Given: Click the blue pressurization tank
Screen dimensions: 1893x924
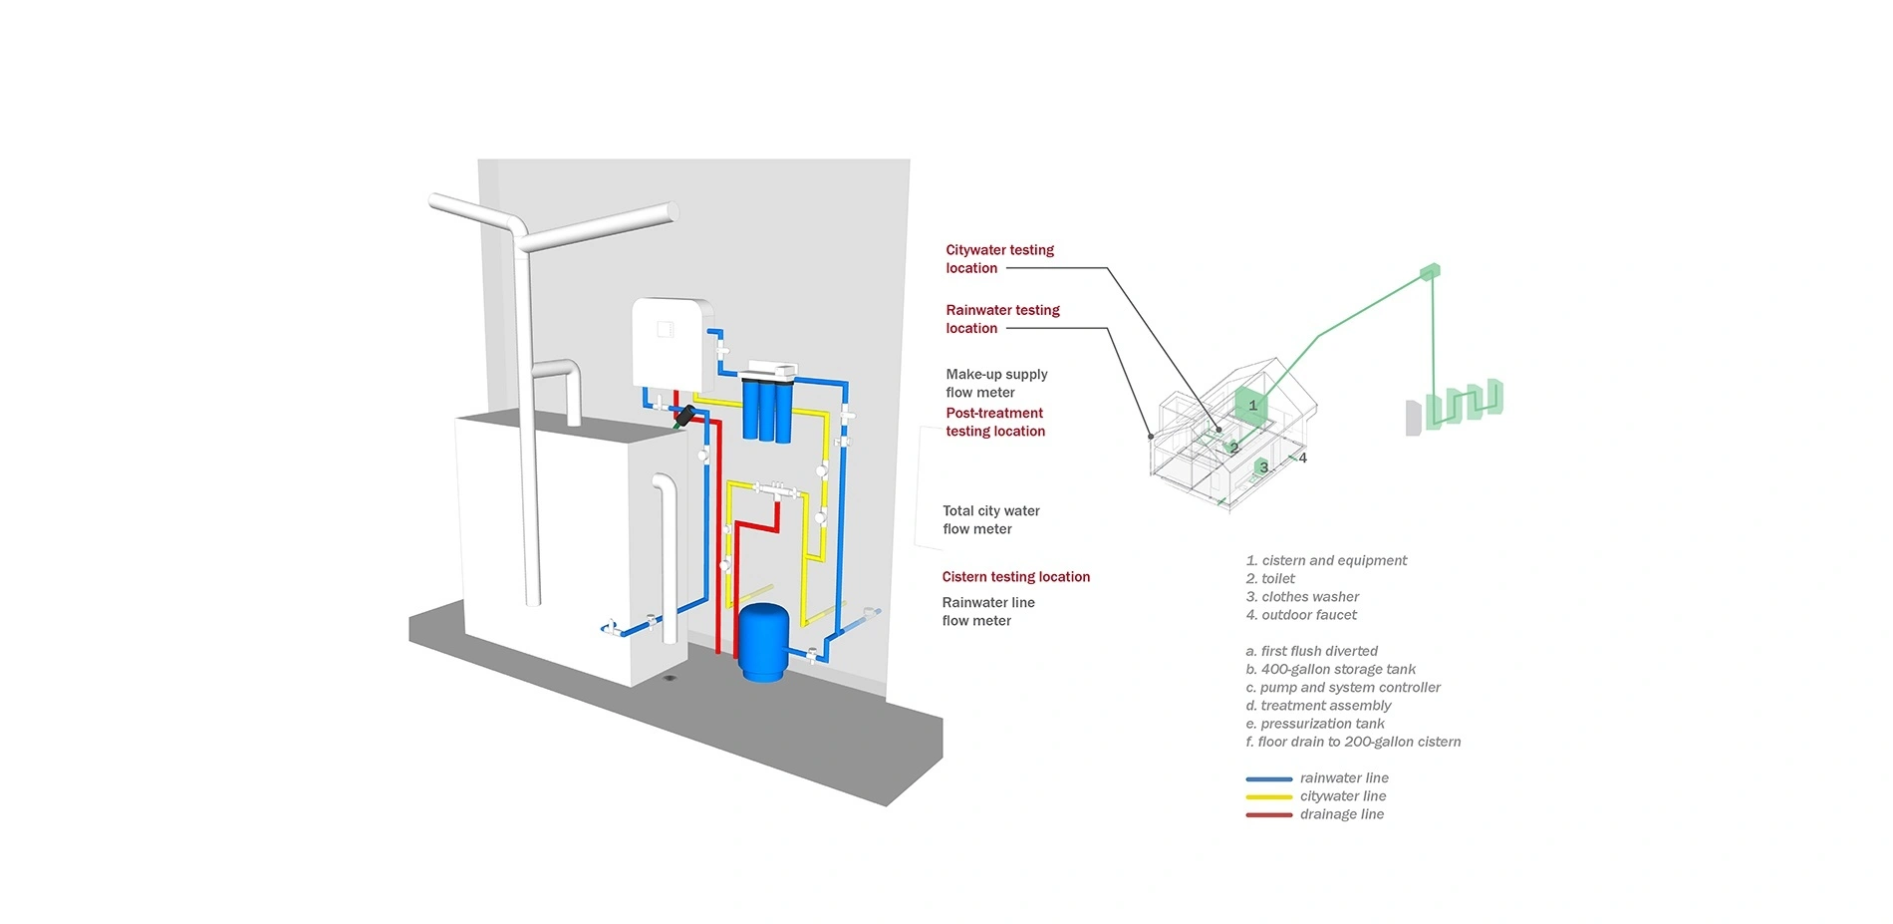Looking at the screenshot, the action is (x=763, y=642).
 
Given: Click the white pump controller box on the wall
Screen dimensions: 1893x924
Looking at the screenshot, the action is (x=673, y=344).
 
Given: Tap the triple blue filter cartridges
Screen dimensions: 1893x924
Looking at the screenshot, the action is (x=767, y=409).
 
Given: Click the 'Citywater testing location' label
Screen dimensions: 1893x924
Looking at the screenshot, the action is (x=999, y=259).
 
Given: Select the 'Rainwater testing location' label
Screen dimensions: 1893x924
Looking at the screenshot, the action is (x=1002, y=319).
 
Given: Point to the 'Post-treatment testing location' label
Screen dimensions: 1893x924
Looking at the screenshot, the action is (x=995, y=422).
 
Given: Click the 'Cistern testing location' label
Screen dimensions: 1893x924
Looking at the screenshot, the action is (x=1016, y=577).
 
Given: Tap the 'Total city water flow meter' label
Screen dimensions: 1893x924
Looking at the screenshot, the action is (x=991, y=519).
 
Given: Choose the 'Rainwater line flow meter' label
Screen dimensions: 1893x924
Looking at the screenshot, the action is (x=988, y=611).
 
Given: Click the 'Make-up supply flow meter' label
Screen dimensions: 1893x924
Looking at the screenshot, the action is (x=996, y=383).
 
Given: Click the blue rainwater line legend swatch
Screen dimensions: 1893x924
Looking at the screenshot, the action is (x=1268, y=778).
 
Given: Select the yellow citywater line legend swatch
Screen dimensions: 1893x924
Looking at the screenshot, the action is (x=1268, y=796).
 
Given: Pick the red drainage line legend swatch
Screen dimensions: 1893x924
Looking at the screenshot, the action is (x=1268, y=814).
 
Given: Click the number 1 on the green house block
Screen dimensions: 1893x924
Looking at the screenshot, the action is (x=1252, y=406).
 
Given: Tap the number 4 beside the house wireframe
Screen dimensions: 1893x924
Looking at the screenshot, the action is (x=1302, y=459).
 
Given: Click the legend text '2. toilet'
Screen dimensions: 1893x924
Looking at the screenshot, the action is (x=1270, y=579).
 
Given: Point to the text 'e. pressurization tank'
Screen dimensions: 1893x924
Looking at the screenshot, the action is (x=1315, y=724).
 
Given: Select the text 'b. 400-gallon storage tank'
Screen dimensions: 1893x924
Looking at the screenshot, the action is (x=1330, y=670).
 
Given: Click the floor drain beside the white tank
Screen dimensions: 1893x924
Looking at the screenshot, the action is (x=670, y=678).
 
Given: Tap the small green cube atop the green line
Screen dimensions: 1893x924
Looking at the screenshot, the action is (x=1430, y=271).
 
